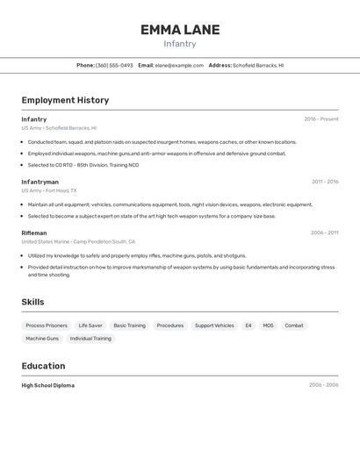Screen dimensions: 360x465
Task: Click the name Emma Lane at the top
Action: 180,30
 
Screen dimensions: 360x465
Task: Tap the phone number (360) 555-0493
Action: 114,65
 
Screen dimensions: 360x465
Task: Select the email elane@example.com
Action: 178,65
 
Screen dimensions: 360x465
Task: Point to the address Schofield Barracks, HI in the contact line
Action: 258,65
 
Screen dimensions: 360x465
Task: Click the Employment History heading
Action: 65,100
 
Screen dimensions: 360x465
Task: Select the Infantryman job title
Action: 40,182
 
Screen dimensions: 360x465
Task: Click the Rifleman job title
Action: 34,232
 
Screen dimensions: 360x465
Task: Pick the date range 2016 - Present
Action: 321,119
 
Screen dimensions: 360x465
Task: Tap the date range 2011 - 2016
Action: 325,182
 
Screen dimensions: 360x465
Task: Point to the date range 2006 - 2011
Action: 324,232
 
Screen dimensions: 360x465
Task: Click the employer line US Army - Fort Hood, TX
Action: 49,190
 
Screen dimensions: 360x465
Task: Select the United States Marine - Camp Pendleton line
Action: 78,241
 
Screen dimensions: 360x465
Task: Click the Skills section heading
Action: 32,302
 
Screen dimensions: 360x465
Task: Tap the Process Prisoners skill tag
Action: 46,325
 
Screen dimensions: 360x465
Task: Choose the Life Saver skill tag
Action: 90,325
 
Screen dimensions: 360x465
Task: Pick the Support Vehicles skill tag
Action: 214,325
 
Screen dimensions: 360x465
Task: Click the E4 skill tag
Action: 248,325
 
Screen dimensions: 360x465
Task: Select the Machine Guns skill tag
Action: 42,339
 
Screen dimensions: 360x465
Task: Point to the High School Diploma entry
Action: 47,385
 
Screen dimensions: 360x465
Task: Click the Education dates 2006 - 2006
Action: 323,385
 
